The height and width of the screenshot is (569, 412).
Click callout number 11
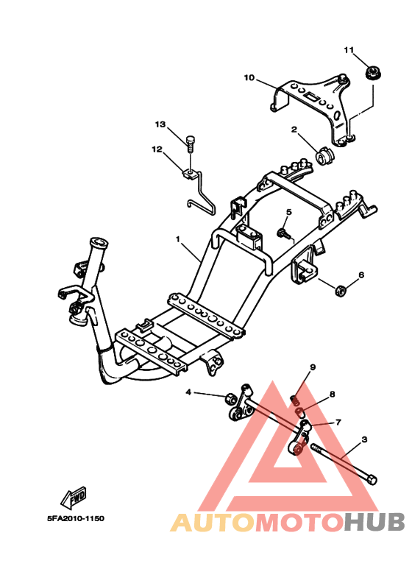(x=349, y=50)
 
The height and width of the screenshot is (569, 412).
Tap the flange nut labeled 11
(x=372, y=72)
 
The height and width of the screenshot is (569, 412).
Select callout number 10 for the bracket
(x=249, y=77)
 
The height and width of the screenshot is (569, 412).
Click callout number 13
(x=160, y=124)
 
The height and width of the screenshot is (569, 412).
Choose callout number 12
(x=157, y=149)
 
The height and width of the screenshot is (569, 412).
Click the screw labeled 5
(x=284, y=233)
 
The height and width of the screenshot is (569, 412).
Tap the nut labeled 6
(x=341, y=290)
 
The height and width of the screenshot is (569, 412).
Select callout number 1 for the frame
(x=178, y=239)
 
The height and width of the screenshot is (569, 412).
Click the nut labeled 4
(x=231, y=398)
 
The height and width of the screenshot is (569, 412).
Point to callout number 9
(x=313, y=367)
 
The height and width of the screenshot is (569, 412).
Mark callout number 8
(x=332, y=394)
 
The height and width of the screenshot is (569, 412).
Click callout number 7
(x=338, y=422)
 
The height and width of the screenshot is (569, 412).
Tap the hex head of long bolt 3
(x=372, y=479)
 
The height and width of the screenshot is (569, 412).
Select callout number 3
(x=364, y=439)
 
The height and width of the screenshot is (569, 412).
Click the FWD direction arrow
(x=74, y=496)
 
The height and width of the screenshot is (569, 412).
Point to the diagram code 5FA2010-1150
(x=76, y=518)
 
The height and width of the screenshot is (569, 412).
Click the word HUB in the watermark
(x=374, y=523)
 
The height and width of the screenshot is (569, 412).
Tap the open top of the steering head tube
(x=99, y=242)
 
